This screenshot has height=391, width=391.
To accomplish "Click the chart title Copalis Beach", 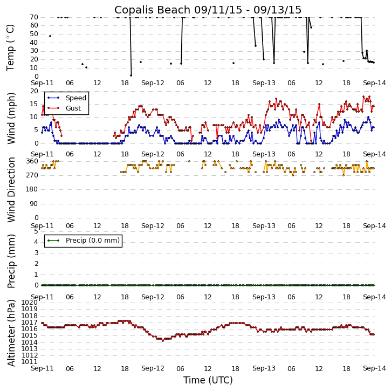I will click(208, 10).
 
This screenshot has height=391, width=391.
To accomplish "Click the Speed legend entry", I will click(76, 98).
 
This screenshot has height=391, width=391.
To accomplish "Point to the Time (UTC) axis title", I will click(208, 380).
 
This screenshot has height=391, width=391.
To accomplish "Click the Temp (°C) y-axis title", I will click(11, 47).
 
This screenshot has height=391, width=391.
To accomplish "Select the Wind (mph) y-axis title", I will click(11, 118).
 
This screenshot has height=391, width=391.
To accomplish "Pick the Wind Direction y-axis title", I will click(11, 190).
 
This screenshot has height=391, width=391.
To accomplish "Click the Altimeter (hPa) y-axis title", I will click(11, 333).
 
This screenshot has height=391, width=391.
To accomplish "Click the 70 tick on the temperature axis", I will click(33, 17).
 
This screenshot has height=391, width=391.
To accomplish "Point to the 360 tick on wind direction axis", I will click(31, 161).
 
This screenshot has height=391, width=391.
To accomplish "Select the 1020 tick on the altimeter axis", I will click(29, 303).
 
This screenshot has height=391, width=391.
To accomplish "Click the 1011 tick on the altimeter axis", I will click(29, 361).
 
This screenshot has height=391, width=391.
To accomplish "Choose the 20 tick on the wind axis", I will click(33, 91).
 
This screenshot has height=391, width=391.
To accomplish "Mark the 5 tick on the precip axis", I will click(35, 231).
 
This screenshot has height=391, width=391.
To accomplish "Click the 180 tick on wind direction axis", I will click(31, 189).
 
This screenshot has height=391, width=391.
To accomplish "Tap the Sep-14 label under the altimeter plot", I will click(374, 368).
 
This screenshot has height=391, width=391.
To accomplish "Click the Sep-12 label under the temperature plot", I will click(153, 83).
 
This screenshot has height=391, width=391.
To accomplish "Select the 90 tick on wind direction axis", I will click(33, 203).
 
